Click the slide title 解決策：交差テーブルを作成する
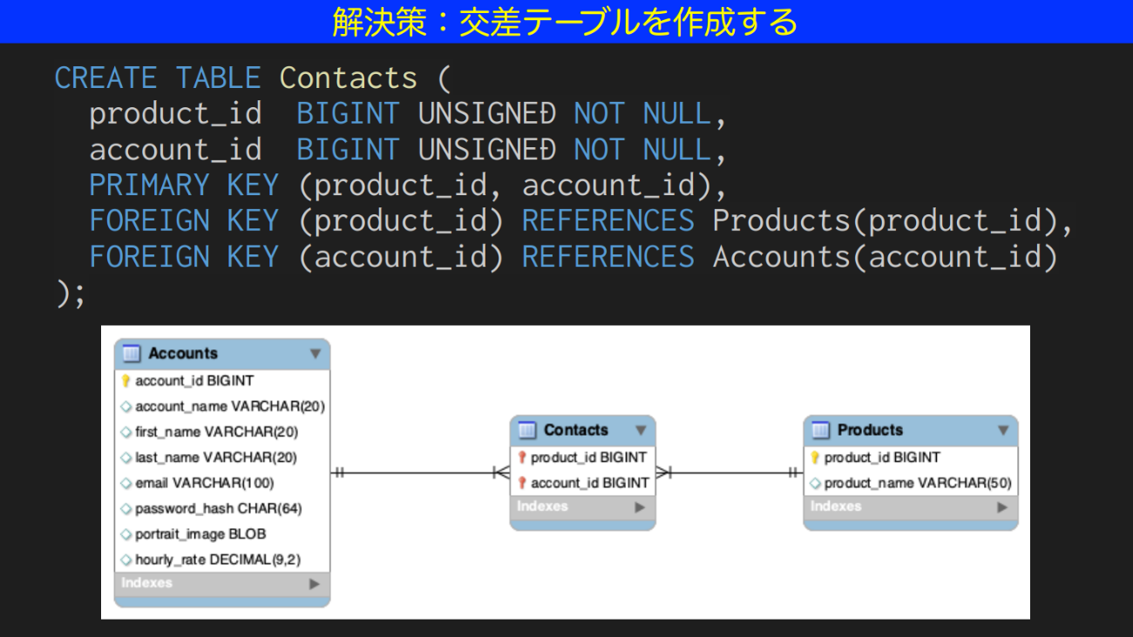pyautogui.click(x=565, y=22)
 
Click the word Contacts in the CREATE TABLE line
pyautogui.click(x=348, y=78)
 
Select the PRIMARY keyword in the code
pyautogui.click(x=149, y=186)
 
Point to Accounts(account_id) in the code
pyautogui.click(x=885, y=257)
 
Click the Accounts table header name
pyautogui.click(x=182, y=354)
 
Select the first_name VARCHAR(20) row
pyautogui.click(x=215, y=432)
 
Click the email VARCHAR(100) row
pyautogui.click(x=204, y=483)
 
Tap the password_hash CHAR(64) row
pyautogui.click(x=218, y=509)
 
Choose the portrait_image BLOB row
pyautogui.click(x=200, y=534)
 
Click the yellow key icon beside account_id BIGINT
pyautogui.click(x=126, y=381)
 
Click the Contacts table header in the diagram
pyautogui.click(x=575, y=430)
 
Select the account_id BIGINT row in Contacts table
pyautogui.click(x=589, y=483)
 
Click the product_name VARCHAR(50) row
pyautogui.click(x=917, y=483)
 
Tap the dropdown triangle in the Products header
pyautogui.click(x=1003, y=430)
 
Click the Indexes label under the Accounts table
pyautogui.click(x=146, y=583)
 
